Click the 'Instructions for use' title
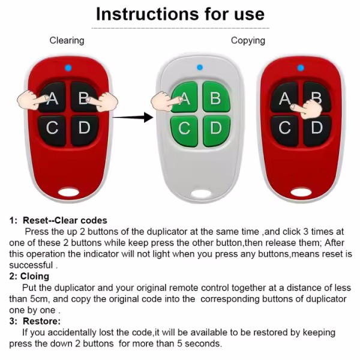[180, 14]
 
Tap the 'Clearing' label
[67, 40]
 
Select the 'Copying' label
[248, 40]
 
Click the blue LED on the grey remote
[200, 67]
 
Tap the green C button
[184, 131]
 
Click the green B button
[216, 97]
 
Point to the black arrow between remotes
[133, 118]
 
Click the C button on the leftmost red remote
[52, 131]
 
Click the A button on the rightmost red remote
[284, 98]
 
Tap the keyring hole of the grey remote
[201, 194]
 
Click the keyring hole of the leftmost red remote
[68, 192]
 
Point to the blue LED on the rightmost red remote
[301, 68]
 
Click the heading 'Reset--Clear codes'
[65, 220]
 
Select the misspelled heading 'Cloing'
[35, 277]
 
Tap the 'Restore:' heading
[42, 321]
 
